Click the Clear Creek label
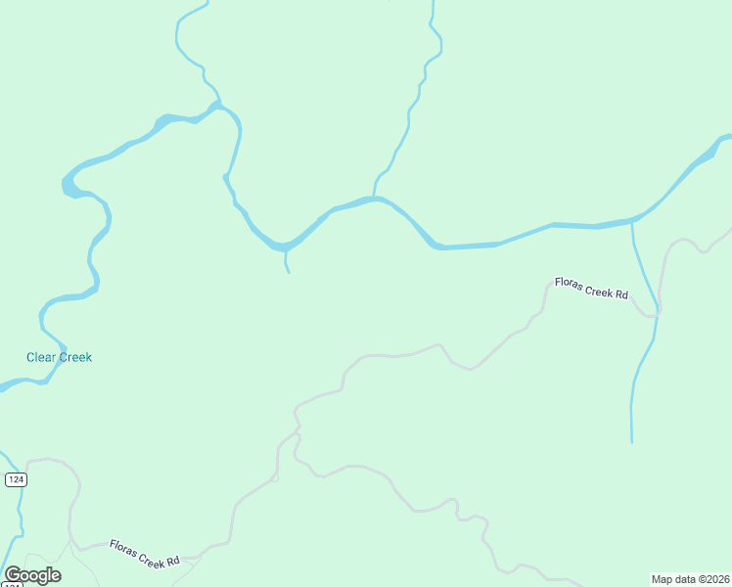tap(59, 357)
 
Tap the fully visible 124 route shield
tap(15, 479)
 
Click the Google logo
tap(32, 575)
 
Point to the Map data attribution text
tap(689, 578)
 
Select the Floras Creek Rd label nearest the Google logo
tap(145, 554)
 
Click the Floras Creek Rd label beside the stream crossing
tap(591, 288)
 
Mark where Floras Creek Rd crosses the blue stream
tap(658, 311)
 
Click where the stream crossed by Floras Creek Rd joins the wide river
tap(631, 222)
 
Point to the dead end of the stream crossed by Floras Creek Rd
tap(632, 441)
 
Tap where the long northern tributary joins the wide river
tap(374, 198)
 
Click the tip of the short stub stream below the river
tap(289, 272)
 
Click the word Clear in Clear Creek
tap(42, 357)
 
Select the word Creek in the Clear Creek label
tap(75, 357)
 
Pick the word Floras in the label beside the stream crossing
tap(570, 284)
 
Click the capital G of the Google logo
tap(13, 575)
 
